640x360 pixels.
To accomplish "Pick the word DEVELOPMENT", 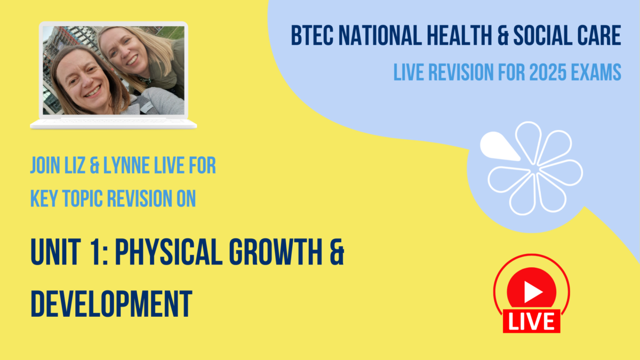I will click(111, 302).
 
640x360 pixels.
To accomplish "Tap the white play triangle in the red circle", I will click(532, 291).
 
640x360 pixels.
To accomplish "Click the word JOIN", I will click(45, 166).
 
